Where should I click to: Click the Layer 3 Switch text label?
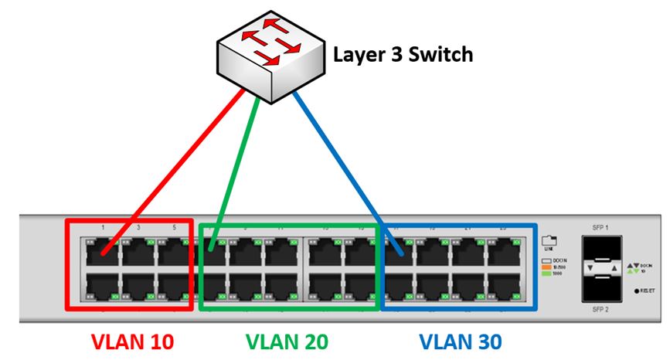402,55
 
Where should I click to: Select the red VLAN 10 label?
132,341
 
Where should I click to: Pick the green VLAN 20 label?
287,341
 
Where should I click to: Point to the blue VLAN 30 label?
461,341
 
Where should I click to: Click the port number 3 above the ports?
138,228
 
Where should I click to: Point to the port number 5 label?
174,228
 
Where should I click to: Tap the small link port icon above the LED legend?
548,239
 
